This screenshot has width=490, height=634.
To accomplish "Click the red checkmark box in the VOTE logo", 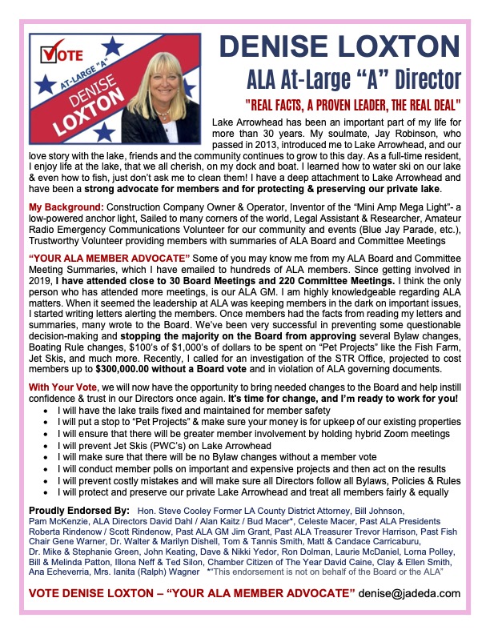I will click(50, 56).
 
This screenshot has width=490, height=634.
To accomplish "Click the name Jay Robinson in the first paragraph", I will click(422, 133).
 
